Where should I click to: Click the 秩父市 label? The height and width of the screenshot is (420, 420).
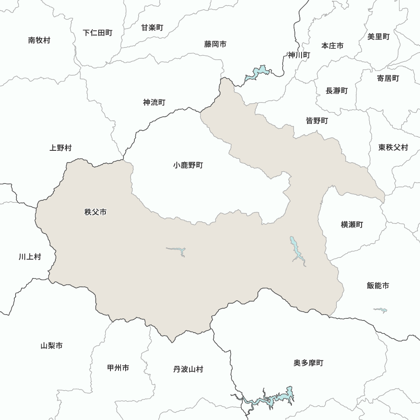pyautogui.click(x=95, y=212)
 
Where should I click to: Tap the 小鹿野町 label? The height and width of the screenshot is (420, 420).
pyautogui.click(x=188, y=165)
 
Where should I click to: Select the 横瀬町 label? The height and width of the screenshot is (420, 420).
pyautogui.click(x=352, y=225)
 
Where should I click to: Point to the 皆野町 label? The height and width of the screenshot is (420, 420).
pyautogui.click(x=317, y=121)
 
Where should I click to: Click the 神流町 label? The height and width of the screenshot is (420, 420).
pyautogui.click(x=154, y=102)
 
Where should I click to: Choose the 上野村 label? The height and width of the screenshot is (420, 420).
pyautogui.click(x=60, y=148)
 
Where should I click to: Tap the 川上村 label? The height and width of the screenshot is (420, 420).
pyautogui.click(x=30, y=257)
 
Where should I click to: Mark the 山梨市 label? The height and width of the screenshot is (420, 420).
pyautogui.click(x=52, y=346)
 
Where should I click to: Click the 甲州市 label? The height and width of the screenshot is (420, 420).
pyautogui.click(x=118, y=368)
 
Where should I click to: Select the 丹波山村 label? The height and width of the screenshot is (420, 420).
pyautogui.click(x=188, y=369)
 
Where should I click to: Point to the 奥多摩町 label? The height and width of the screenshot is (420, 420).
pyautogui.click(x=309, y=362)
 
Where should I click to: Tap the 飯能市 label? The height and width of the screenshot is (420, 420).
pyautogui.click(x=378, y=286)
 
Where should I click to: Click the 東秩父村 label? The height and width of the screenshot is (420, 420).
pyautogui.click(x=393, y=147)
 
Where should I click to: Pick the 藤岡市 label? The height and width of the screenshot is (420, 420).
pyautogui.click(x=215, y=44)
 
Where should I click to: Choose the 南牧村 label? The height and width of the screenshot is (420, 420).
pyautogui.click(x=39, y=40)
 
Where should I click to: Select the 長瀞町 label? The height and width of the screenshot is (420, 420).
pyautogui.click(x=336, y=90)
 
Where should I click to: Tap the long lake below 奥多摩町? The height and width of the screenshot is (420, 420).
pyautogui.click(x=269, y=398)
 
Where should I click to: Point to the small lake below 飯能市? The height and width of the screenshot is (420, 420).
pyautogui.click(x=380, y=310)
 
